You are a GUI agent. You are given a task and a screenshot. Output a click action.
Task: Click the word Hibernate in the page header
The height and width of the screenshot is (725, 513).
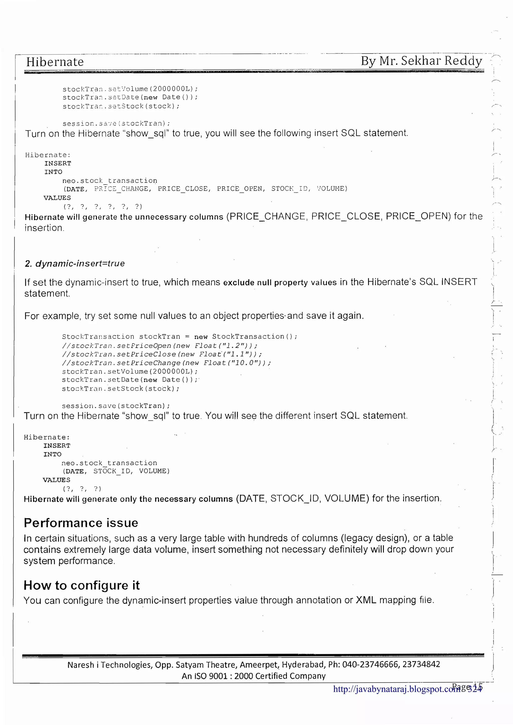[55, 62]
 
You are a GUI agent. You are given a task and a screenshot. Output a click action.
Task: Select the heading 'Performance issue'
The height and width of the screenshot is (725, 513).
[81, 523]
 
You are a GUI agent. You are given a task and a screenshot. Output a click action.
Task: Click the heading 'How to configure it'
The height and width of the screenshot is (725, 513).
[82, 585]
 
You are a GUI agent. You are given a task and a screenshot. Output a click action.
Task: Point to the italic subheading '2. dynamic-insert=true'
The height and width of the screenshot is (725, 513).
[75, 263]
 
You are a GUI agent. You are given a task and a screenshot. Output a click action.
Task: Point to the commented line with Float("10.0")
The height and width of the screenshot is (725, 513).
[167, 363]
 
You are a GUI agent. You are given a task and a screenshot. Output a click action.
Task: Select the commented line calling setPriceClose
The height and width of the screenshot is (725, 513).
[162, 354]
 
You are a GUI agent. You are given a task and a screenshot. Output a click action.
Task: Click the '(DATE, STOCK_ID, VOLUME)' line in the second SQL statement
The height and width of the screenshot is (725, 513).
[116, 471]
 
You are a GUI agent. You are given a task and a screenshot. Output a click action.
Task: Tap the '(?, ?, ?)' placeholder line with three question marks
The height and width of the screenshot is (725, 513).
[82, 489]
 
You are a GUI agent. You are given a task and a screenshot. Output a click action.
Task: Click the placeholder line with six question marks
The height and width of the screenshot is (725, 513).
[103, 207]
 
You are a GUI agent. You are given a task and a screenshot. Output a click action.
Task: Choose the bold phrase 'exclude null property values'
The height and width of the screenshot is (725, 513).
[280, 283]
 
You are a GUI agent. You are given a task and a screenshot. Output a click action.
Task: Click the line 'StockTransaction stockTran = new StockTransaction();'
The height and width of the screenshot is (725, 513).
[180, 337]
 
